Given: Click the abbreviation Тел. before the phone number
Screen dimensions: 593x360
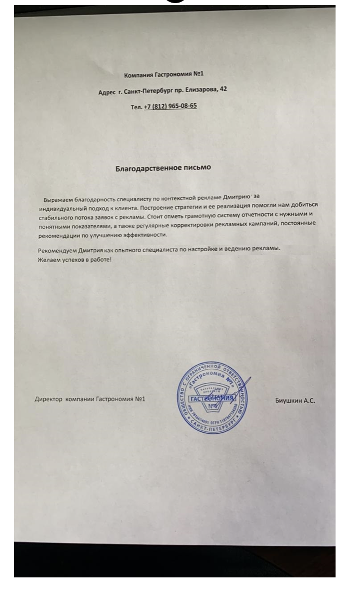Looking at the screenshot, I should (x=136, y=107).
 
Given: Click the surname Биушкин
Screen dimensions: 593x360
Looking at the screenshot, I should (x=290, y=401).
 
